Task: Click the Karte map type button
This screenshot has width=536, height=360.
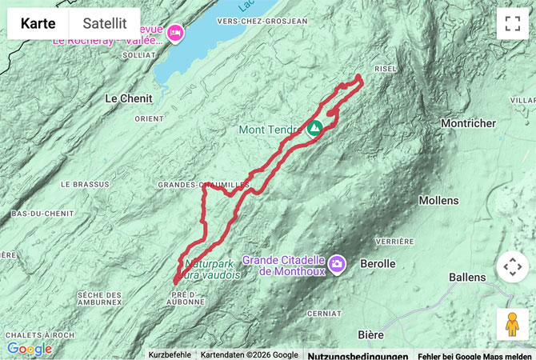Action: coord(38,23)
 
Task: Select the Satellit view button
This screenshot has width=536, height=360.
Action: coord(105,23)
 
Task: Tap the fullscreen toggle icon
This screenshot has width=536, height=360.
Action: coord(512,23)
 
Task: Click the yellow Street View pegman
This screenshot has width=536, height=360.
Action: coord(512,324)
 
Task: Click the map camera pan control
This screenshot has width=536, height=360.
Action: coord(512,266)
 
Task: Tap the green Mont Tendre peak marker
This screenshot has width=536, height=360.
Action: coord(314,127)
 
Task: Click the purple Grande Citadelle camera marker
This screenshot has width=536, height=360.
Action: coord(337,262)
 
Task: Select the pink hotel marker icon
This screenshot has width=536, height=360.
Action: coord(174,33)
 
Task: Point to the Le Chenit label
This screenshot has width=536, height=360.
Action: coord(130,98)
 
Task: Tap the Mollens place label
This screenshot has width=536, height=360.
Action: coord(438,200)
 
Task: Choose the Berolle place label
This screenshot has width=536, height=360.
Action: coord(378,263)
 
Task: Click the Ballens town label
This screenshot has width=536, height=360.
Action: coord(467,278)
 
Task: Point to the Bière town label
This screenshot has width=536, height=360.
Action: coord(371,334)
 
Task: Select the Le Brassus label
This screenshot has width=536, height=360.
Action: coord(85,184)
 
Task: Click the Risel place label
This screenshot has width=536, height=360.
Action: coord(386,69)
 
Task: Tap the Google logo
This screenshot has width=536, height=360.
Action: coord(30,350)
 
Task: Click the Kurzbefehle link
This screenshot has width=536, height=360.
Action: coord(170,355)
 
